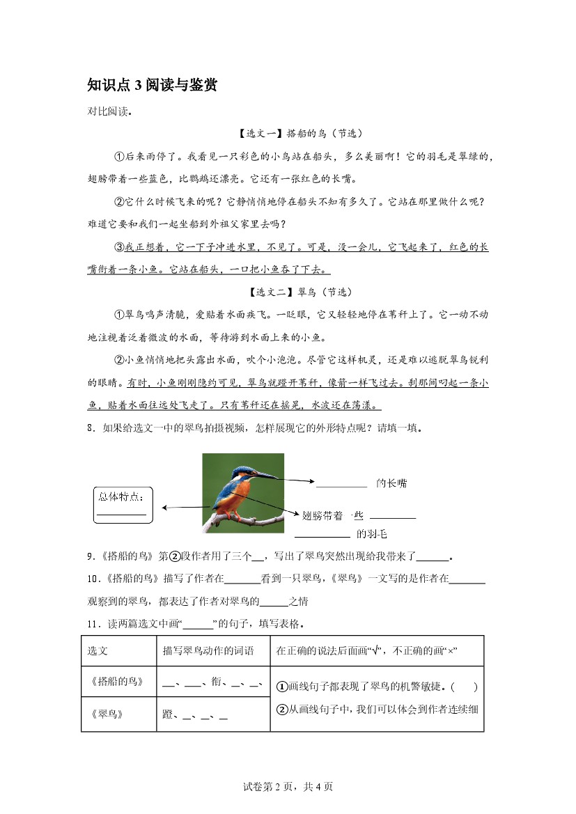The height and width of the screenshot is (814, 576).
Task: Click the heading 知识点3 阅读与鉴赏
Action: coord(152,85)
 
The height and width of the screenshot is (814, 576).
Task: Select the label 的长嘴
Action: coord(391,483)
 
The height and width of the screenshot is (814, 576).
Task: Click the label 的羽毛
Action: coord(371,534)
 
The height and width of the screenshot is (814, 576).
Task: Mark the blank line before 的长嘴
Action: coord(341,486)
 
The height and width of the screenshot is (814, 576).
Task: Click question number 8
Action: coord(91,428)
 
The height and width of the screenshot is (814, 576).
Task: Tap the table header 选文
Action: coord(97,651)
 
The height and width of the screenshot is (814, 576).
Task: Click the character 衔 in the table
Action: coord(212,684)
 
